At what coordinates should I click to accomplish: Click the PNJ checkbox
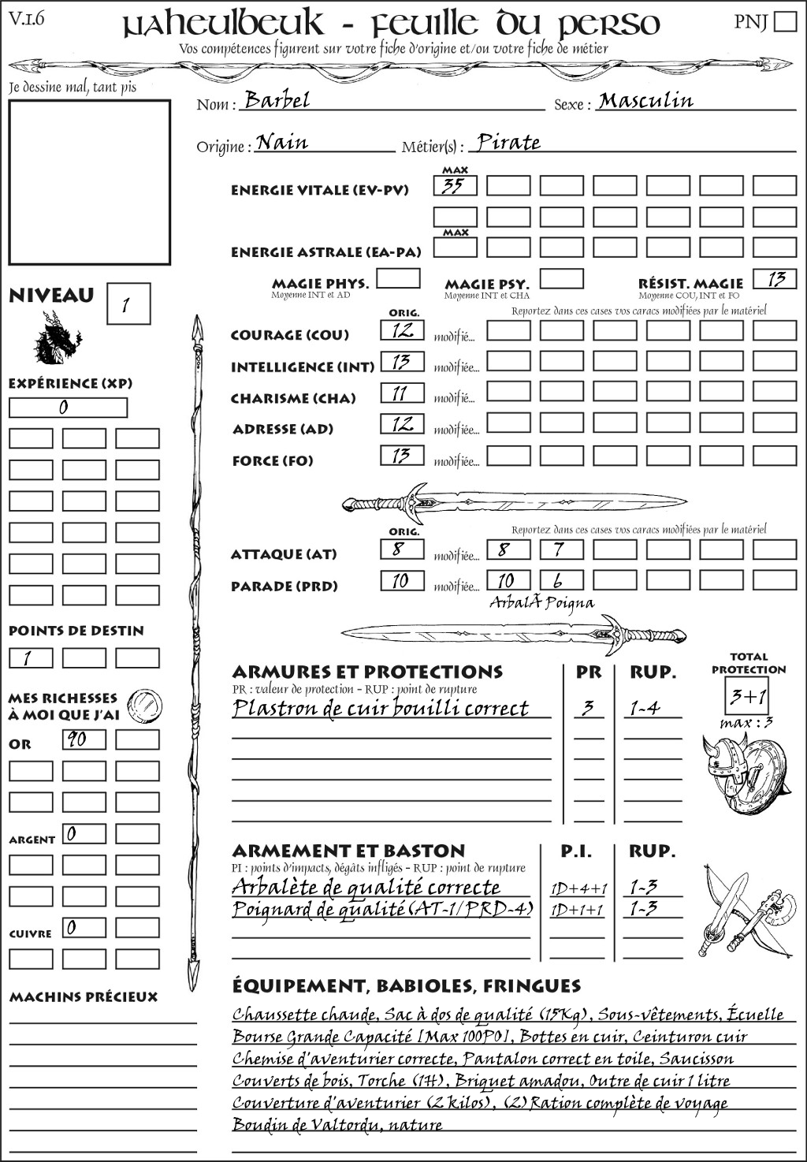785,20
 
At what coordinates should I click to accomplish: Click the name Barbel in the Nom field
277,100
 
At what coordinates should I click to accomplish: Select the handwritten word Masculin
645,101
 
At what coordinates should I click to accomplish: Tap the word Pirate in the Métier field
509,143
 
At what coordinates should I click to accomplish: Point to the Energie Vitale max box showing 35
455,186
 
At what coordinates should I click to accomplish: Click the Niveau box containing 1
128,304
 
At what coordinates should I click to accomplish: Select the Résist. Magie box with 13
775,279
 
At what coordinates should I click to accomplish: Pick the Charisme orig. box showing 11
402,393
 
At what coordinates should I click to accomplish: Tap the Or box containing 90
84,739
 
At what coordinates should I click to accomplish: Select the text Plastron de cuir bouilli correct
381,708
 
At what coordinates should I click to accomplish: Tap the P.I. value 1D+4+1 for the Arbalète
578,888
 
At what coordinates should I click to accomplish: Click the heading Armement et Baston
348,851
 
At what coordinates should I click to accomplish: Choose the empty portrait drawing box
89,182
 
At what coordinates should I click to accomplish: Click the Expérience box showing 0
68,408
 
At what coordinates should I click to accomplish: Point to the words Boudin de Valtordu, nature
337,1125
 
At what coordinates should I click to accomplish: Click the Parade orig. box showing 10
402,581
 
